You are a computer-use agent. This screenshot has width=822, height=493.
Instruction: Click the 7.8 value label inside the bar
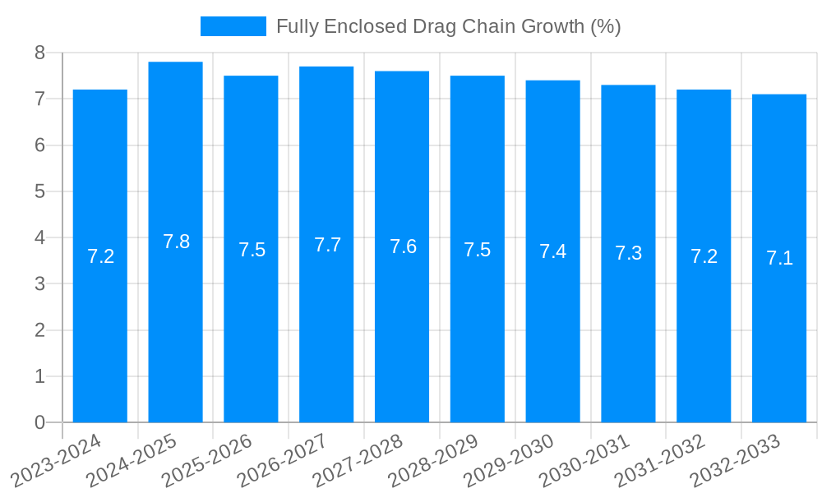point(176,242)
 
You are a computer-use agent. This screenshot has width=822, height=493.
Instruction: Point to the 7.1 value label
point(779,258)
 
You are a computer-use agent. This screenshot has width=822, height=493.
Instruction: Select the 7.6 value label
point(403,246)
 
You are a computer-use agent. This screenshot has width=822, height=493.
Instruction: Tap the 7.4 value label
point(552,251)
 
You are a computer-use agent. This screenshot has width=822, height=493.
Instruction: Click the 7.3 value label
point(628,253)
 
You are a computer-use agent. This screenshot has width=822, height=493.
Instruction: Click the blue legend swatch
point(233,26)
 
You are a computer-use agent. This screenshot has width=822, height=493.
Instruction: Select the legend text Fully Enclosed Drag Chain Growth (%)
point(448,26)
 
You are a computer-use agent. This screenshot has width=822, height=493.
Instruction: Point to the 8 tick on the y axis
point(39,53)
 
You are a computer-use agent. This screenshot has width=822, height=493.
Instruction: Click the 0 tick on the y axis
point(39,422)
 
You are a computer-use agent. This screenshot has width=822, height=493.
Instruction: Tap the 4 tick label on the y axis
point(39,238)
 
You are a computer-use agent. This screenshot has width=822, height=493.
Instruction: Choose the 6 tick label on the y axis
point(39,145)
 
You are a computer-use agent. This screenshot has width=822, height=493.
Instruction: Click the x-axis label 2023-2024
point(58,460)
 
